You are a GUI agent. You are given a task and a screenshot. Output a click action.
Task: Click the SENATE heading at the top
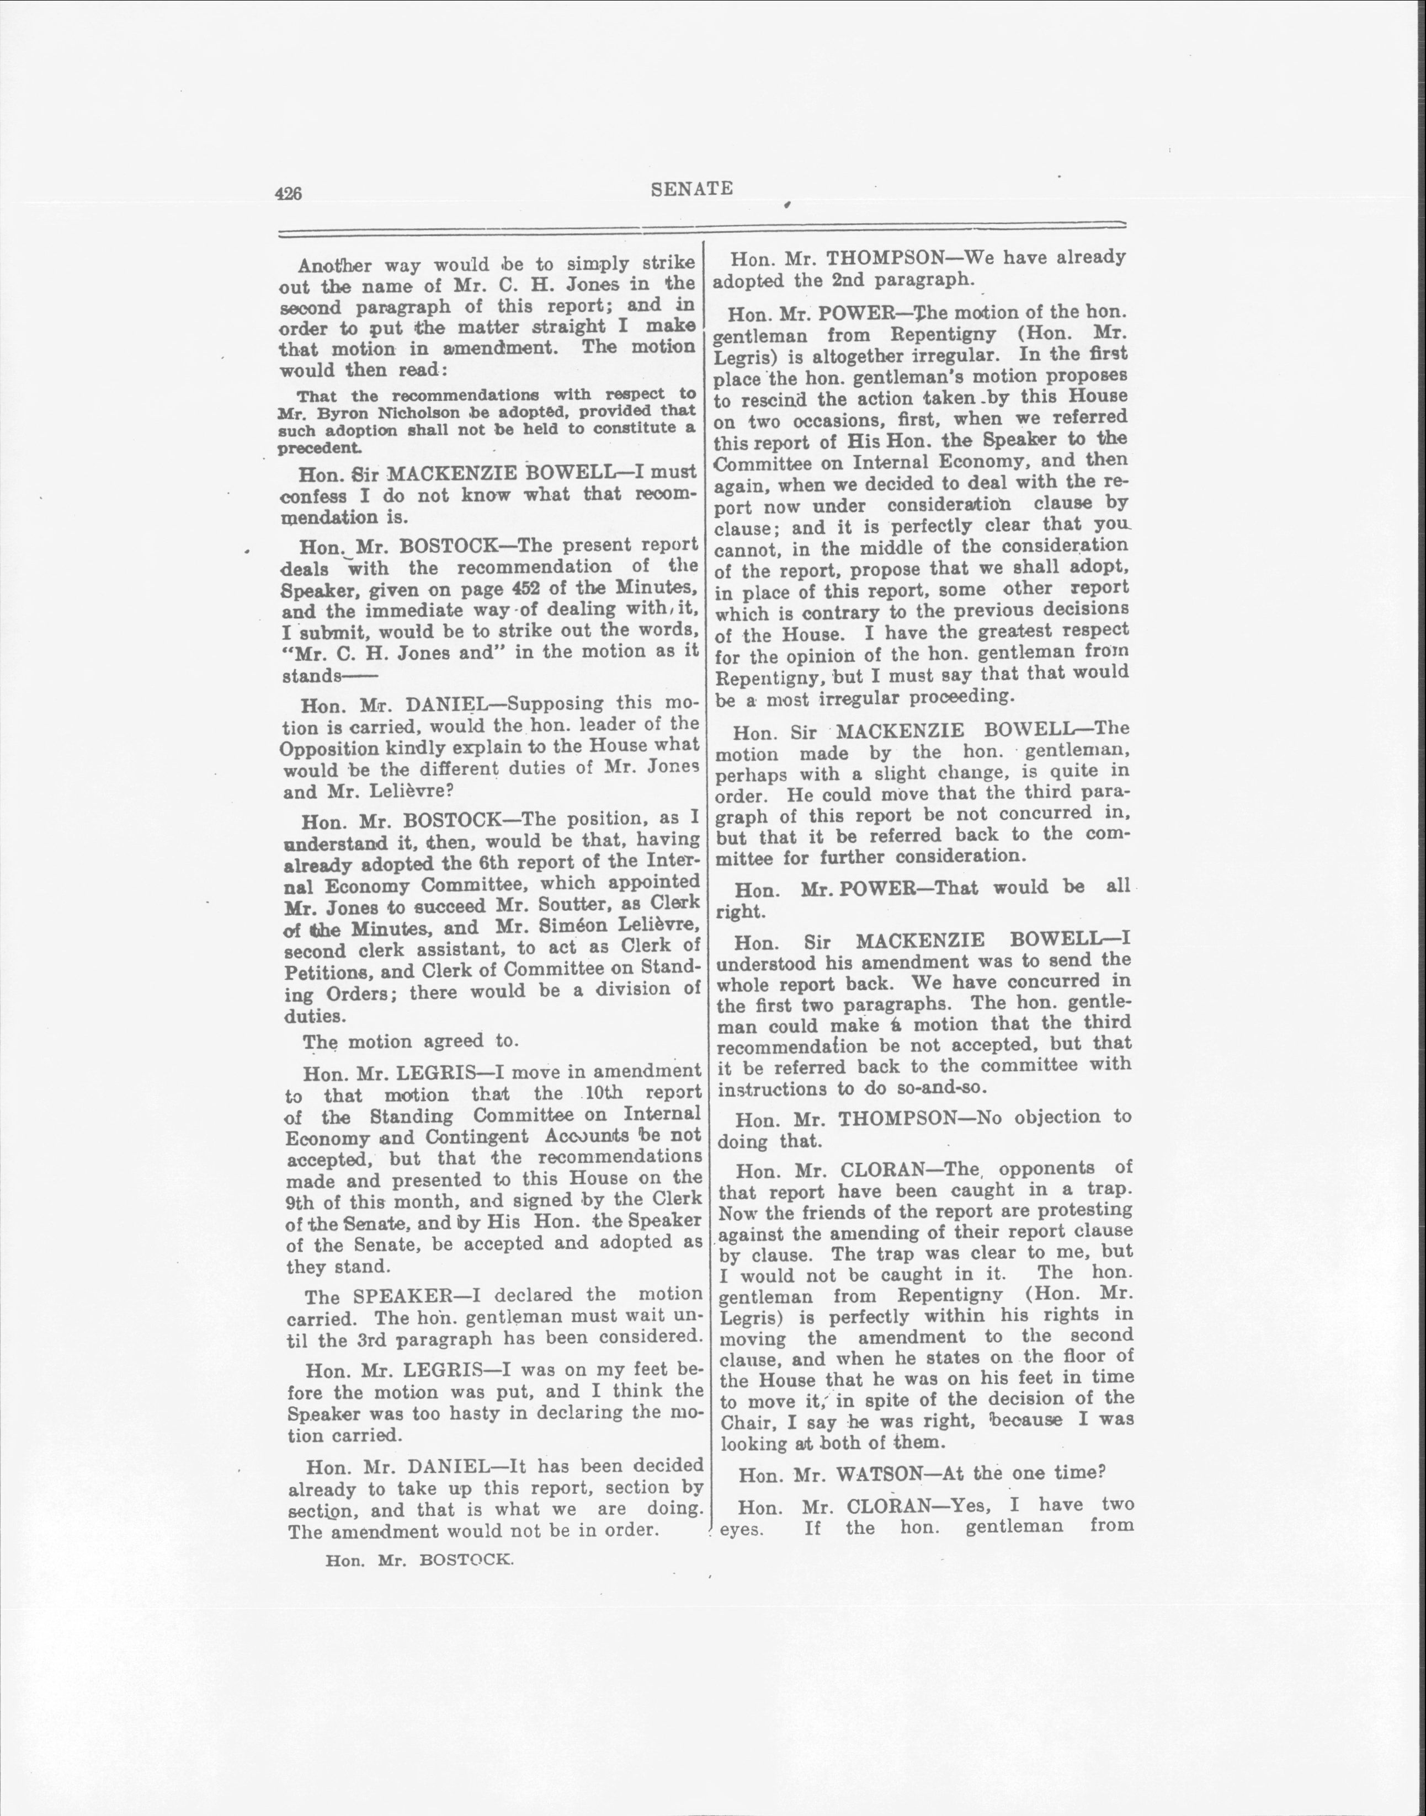[691, 189]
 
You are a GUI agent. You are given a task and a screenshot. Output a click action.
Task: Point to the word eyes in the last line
[739, 1529]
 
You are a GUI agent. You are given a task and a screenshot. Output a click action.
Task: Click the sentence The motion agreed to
[411, 1041]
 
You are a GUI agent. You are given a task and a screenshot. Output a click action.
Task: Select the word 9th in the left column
[299, 1203]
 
